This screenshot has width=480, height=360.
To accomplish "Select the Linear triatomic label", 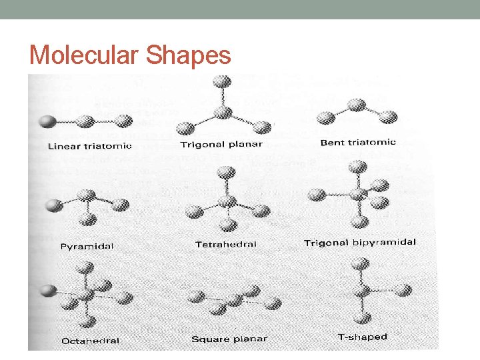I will point(89,146).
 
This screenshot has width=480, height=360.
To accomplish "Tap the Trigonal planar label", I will point(221,145).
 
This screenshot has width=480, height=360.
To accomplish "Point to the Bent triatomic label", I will point(358,142).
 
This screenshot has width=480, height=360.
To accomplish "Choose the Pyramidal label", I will point(87,246).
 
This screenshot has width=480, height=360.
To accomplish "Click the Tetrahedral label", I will point(225,245).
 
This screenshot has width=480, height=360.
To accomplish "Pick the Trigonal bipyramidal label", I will point(359,243).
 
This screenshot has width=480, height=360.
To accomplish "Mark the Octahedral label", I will point(91,341).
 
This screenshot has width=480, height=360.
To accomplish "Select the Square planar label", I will point(229,339).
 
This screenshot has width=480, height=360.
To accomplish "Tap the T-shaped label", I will point(363,337).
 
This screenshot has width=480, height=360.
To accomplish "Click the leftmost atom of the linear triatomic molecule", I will point(47,122).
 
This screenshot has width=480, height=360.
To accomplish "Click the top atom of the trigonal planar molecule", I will point(222,82).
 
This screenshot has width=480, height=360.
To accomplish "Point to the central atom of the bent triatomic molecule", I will point(357,104).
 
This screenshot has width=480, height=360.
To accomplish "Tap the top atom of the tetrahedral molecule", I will point(227,173).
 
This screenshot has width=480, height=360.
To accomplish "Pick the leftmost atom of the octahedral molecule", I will point(47,291).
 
